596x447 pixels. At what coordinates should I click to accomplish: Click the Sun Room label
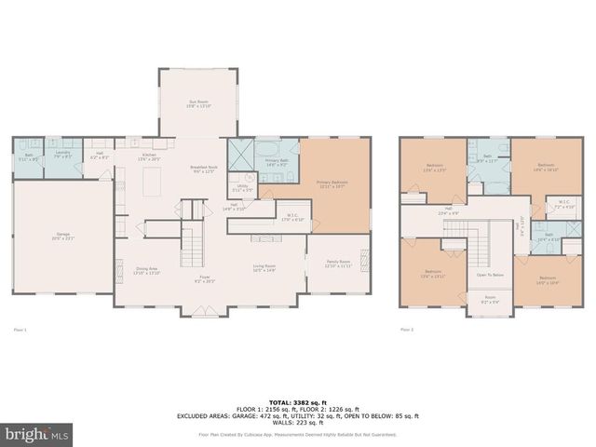tap(197, 102)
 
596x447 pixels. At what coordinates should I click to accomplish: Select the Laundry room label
tap(63, 154)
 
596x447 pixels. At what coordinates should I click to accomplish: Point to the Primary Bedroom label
tap(332, 183)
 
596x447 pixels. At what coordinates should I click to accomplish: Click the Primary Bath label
tap(278, 163)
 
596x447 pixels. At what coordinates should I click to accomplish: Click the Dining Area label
tap(147, 270)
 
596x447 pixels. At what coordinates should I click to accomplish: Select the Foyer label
tap(203, 278)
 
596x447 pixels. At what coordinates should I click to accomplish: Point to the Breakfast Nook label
tap(202, 169)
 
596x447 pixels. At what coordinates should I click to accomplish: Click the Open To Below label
tap(490, 275)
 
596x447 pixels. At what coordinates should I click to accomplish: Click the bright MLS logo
tap(37, 435)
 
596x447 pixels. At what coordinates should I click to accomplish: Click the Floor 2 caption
tap(406, 329)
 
